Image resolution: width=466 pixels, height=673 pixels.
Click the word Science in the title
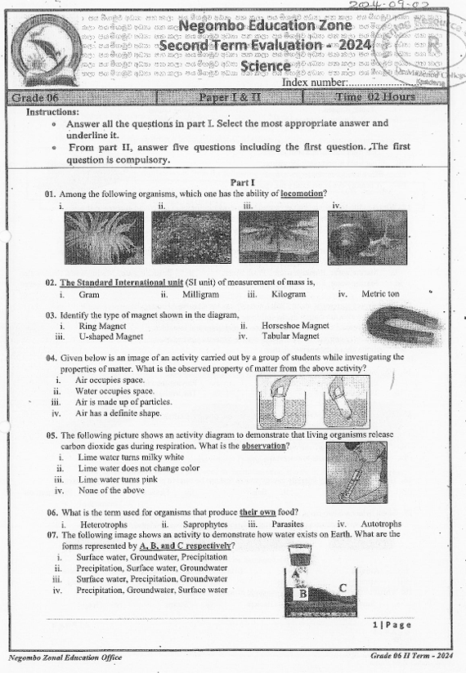259,65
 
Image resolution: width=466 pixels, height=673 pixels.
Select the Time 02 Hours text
375,97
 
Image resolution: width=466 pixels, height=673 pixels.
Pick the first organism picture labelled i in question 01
103,237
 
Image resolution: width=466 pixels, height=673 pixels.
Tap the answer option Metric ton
380,294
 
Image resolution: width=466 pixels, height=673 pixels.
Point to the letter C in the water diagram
342,587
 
